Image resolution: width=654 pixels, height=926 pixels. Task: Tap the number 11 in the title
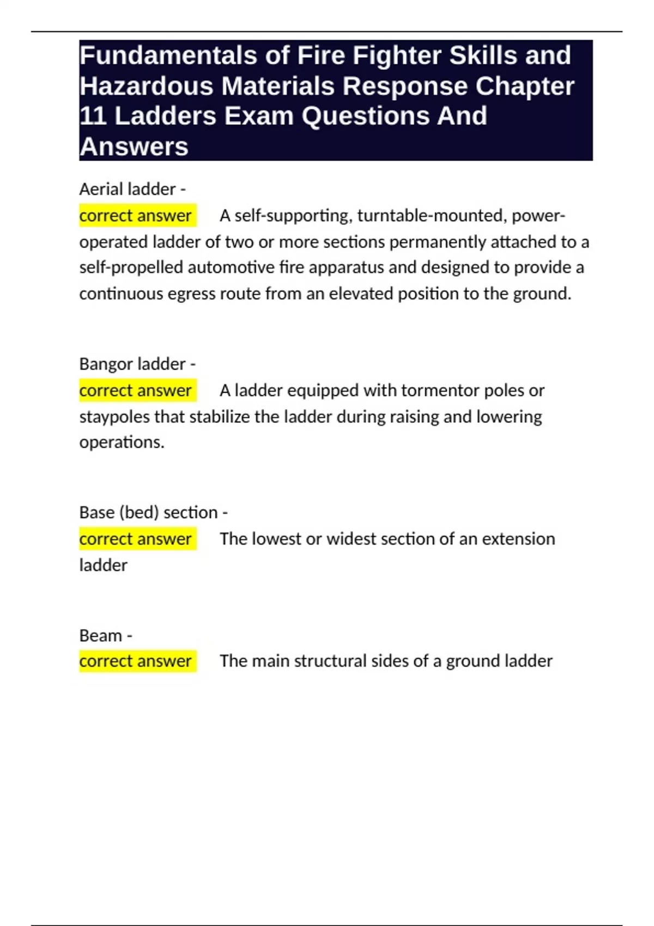tap(93, 116)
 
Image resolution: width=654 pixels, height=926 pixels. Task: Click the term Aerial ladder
tap(128, 189)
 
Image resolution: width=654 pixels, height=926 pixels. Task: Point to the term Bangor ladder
tap(132, 364)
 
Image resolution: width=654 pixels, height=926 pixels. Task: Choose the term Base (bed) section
tap(148, 513)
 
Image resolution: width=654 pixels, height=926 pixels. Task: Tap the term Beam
tap(101, 635)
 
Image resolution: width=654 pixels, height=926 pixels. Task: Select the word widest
tap(350, 539)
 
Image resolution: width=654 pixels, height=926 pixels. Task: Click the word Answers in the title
tap(134, 147)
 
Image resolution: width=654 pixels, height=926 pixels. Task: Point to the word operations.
tap(122, 442)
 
